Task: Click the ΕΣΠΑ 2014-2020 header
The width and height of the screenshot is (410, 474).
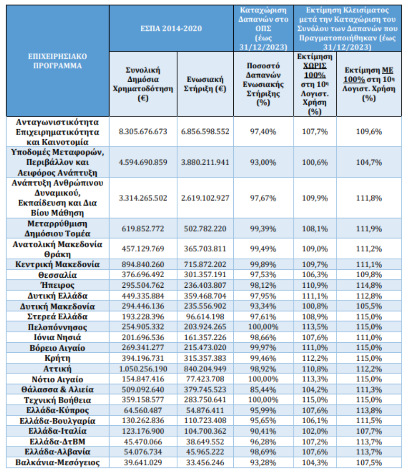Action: pyautogui.click(x=171, y=28)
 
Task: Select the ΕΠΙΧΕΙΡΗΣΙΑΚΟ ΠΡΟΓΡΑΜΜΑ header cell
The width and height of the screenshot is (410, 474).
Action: pyautogui.click(x=57, y=61)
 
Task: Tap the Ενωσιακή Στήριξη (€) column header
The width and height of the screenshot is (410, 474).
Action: pyautogui.click(x=205, y=84)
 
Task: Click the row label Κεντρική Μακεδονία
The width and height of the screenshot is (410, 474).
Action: pyautogui.click(x=57, y=265)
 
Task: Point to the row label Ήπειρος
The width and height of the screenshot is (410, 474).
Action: pyautogui.click(x=57, y=285)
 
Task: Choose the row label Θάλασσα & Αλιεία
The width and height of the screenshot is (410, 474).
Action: pyautogui.click(x=57, y=390)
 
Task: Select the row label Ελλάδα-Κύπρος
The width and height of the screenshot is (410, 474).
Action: pyautogui.click(x=57, y=411)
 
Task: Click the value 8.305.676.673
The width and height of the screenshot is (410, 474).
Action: pyautogui.click(x=143, y=132)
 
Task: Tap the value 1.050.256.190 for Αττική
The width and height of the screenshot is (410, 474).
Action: pyautogui.click(x=143, y=369)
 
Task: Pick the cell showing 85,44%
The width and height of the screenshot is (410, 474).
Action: pyautogui.click(x=263, y=390)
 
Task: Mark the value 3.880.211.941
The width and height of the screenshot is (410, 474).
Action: pyautogui.click(x=205, y=162)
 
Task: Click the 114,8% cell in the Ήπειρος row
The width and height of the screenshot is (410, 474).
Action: pyautogui.click(x=369, y=285)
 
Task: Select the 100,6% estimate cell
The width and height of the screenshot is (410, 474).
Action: pyautogui.click(x=315, y=162)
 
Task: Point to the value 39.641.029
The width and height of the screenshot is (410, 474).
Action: pyautogui.click(x=143, y=463)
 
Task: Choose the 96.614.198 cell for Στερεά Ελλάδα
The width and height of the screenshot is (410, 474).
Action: pyautogui.click(x=205, y=317)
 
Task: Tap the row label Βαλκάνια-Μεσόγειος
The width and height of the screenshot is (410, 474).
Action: pyautogui.click(x=57, y=463)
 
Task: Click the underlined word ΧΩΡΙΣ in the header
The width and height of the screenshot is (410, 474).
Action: pyautogui.click(x=315, y=66)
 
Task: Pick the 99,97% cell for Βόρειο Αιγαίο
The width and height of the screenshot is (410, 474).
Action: pyautogui.click(x=263, y=348)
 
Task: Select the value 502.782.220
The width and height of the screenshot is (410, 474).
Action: pyautogui.click(x=205, y=229)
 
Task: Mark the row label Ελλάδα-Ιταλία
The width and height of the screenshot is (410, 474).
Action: pyautogui.click(x=57, y=431)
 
